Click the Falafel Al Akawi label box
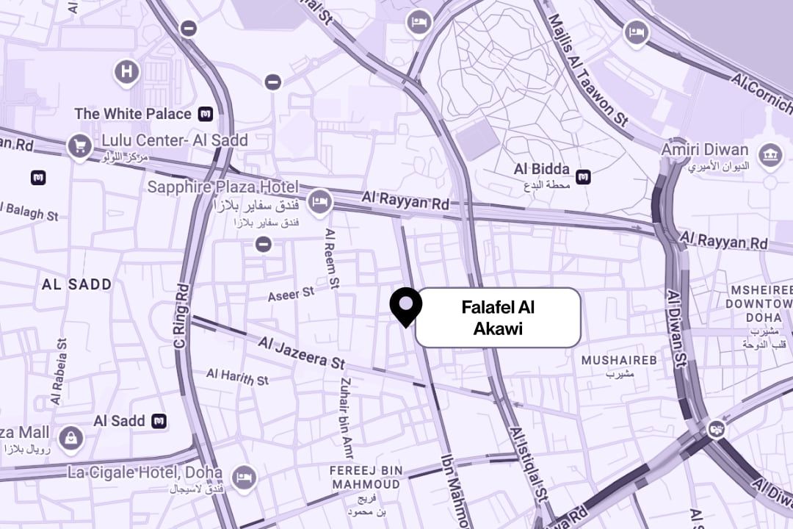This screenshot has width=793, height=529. tap(498, 317)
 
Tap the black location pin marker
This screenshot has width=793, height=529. tap(405, 305)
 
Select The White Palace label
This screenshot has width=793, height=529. tap(133, 114)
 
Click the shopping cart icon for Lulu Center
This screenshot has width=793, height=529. tap(79, 147)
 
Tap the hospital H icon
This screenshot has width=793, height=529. tap(127, 72)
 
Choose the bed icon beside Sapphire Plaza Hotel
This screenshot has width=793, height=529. tap(319, 201)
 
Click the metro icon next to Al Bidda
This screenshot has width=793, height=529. tap(583, 176)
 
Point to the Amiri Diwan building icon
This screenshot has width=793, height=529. tap(770, 155)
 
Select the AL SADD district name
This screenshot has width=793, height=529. tap(77, 284)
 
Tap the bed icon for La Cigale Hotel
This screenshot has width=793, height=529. tap(243, 478)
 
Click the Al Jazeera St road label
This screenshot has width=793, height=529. tap(301, 353)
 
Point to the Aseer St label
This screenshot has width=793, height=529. tap(291, 293)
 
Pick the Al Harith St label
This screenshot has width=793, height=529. tap(237, 377)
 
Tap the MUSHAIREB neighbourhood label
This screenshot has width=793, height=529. tap(619, 360)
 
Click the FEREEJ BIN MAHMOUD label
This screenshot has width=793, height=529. tap(366, 478)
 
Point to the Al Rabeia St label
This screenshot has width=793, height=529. tap(59, 371)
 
